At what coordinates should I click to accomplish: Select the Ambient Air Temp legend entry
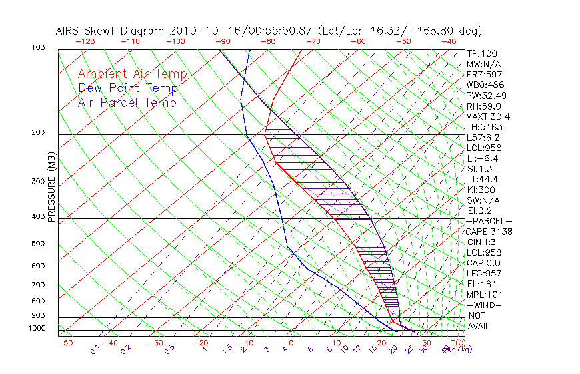132,74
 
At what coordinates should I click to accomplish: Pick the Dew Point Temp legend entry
128,89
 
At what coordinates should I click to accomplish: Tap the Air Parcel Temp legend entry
127,103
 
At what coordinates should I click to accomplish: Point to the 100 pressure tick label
37,48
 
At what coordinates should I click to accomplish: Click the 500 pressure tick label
37,244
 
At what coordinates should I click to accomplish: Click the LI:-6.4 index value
482,158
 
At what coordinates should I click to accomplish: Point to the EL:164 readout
481,284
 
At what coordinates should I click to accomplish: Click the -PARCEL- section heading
489,221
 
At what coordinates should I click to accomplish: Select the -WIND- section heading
484,305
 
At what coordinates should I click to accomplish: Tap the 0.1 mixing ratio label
95,349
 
